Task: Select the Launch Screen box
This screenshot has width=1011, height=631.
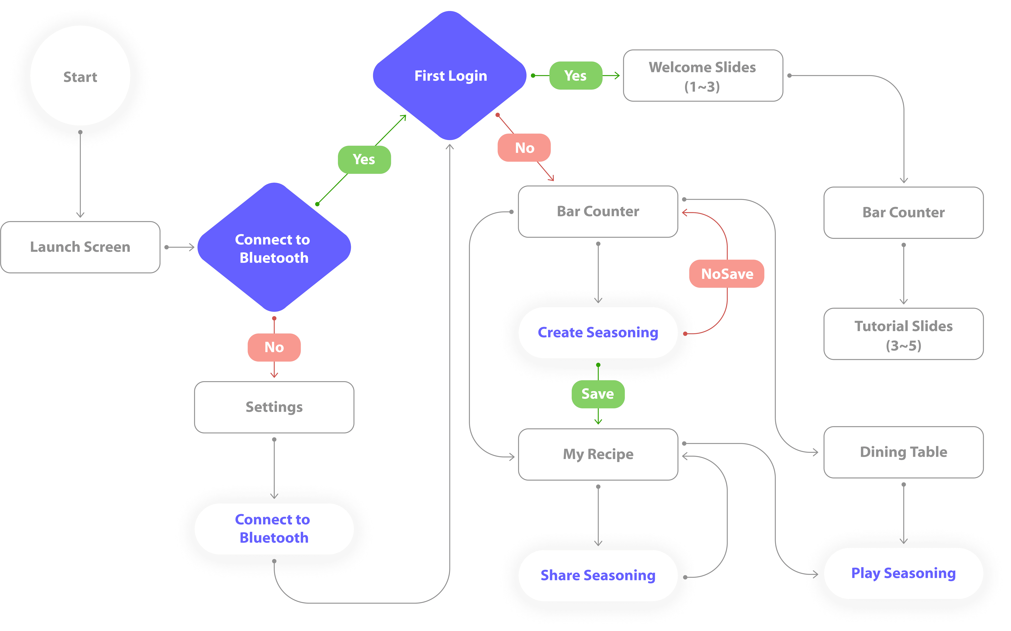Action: click(80, 247)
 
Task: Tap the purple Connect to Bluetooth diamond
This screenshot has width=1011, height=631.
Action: click(274, 247)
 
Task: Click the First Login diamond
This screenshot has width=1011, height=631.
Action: click(450, 76)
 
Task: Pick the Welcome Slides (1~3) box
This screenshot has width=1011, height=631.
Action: click(703, 76)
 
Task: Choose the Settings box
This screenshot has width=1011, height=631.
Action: click(274, 407)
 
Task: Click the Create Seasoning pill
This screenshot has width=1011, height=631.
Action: click(598, 333)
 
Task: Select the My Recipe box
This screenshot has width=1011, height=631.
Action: click(598, 454)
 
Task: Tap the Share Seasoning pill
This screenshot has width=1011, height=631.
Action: click(598, 576)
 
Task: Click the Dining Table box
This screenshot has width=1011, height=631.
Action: click(903, 452)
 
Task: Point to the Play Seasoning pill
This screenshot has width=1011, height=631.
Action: click(903, 573)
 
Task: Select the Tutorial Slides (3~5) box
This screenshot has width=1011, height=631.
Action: click(903, 334)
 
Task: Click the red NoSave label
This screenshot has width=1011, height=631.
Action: click(727, 274)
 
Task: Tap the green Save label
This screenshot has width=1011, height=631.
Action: click(598, 394)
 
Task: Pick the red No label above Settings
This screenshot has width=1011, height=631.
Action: click(274, 347)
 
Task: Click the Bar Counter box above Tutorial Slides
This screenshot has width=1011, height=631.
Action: click(903, 212)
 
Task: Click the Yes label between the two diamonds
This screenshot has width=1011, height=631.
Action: click(364, 159)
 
